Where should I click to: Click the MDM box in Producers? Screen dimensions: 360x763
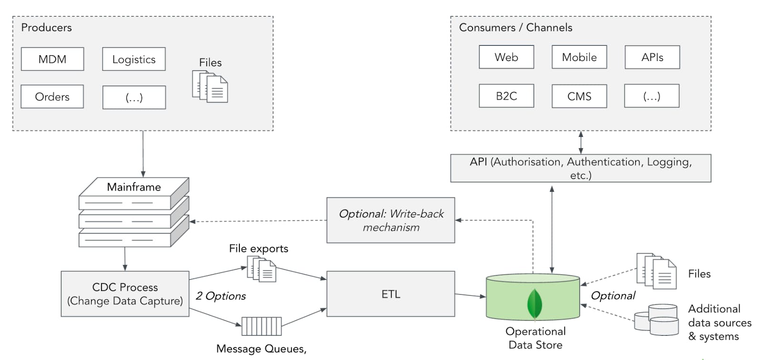pyautogui.click(x=52, y=59)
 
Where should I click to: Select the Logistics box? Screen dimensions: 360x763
pyautogui.click(x=134, y=59)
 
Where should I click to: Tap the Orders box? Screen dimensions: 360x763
pyautogui.click(x=52, y=97)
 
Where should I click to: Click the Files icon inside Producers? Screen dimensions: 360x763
pyautogui.click(x=210, y=87)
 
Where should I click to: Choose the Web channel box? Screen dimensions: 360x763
pyautogui.click(x=506, y=57)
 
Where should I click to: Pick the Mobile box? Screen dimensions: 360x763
pyautogui.click(x=579, y=57)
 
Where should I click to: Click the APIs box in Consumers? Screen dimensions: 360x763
pyautogui.click(x=652, y=57)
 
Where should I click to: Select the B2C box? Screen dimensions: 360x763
pyautogui.click(x=506, y=96)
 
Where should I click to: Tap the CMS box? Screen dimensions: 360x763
pyautogui.click(x=579, y=96)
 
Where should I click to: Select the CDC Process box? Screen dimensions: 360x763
pyautogui.click(x=125, y=294)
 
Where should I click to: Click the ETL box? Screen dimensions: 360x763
pyautogui.click(x=391, y=294)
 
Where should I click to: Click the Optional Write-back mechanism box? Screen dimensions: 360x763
pyautogui.click(x=391, y=220)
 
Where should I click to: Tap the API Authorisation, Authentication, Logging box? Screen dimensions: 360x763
pyautogui.click(x=580, y=168)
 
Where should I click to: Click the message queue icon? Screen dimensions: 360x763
pyautogui.click(x=261, y=327)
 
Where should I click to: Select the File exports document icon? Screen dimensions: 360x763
pyautogui.click(x=261, y=269)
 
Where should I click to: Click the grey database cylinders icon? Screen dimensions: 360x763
pyautogui.click(x=657, y=319)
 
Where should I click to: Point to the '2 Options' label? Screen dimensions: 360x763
pyautogui.click(x=221, y=296)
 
